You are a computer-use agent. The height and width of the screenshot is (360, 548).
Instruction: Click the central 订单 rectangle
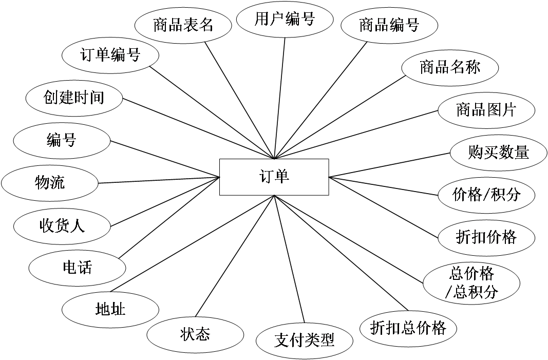click(x=274, y=177)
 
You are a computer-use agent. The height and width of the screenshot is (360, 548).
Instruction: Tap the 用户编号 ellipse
click(x=284, y=20)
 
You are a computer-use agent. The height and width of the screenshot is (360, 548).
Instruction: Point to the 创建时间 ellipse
click(x=74, y=97)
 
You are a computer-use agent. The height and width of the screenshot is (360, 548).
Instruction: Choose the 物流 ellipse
click(x=49, y=182)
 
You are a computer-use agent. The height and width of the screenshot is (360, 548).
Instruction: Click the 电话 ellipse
click(x=77, y=268)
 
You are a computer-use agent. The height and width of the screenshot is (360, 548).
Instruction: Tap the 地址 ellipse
click(x=110, y=309)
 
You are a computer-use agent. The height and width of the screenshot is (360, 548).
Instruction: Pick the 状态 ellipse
click(x=195, y=335)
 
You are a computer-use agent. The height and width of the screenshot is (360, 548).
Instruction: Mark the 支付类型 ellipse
click(x=304, y=340)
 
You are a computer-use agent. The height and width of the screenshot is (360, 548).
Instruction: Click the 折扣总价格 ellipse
click(x=408, y=328)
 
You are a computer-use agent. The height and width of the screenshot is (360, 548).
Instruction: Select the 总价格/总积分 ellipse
click(x=471, y=282)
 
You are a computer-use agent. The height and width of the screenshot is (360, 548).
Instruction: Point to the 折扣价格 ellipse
click(x=486, y=237)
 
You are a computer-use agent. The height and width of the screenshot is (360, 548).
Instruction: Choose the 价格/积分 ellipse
click(x=486, y=195)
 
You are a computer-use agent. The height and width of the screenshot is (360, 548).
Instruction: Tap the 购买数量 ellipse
click(x=498, y=153)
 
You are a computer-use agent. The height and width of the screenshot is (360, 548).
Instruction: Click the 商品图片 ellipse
click(x=486, y=110)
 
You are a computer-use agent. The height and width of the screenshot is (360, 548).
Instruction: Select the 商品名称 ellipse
click(x=450, y=67)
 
